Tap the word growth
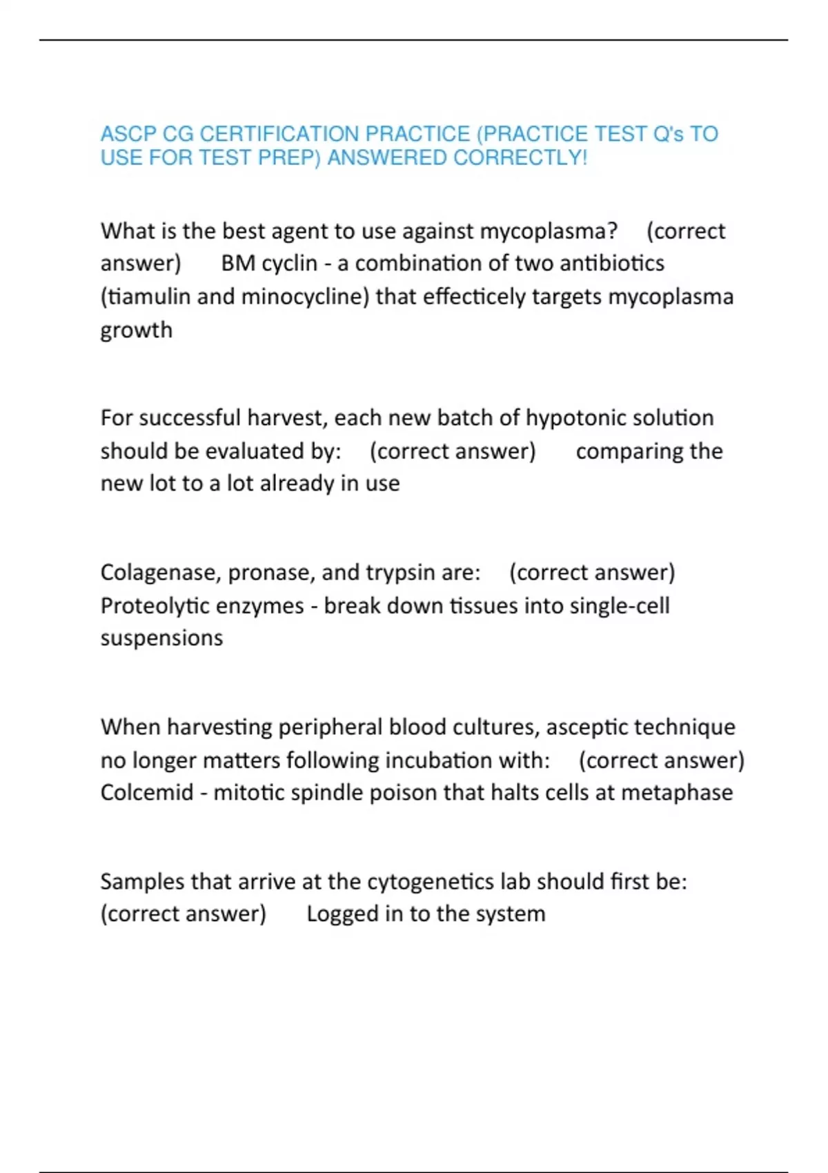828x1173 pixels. point(137,331)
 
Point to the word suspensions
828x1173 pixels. point(161,638)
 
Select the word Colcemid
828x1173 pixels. point(147,793)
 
